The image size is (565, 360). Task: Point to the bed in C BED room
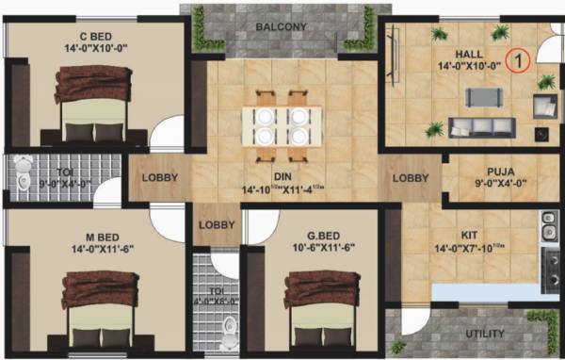point(94,106)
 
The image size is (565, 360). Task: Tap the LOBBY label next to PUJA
point(411,177)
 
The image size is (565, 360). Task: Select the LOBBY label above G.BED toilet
point(218,225)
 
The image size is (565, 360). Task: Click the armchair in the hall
point(544,105)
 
